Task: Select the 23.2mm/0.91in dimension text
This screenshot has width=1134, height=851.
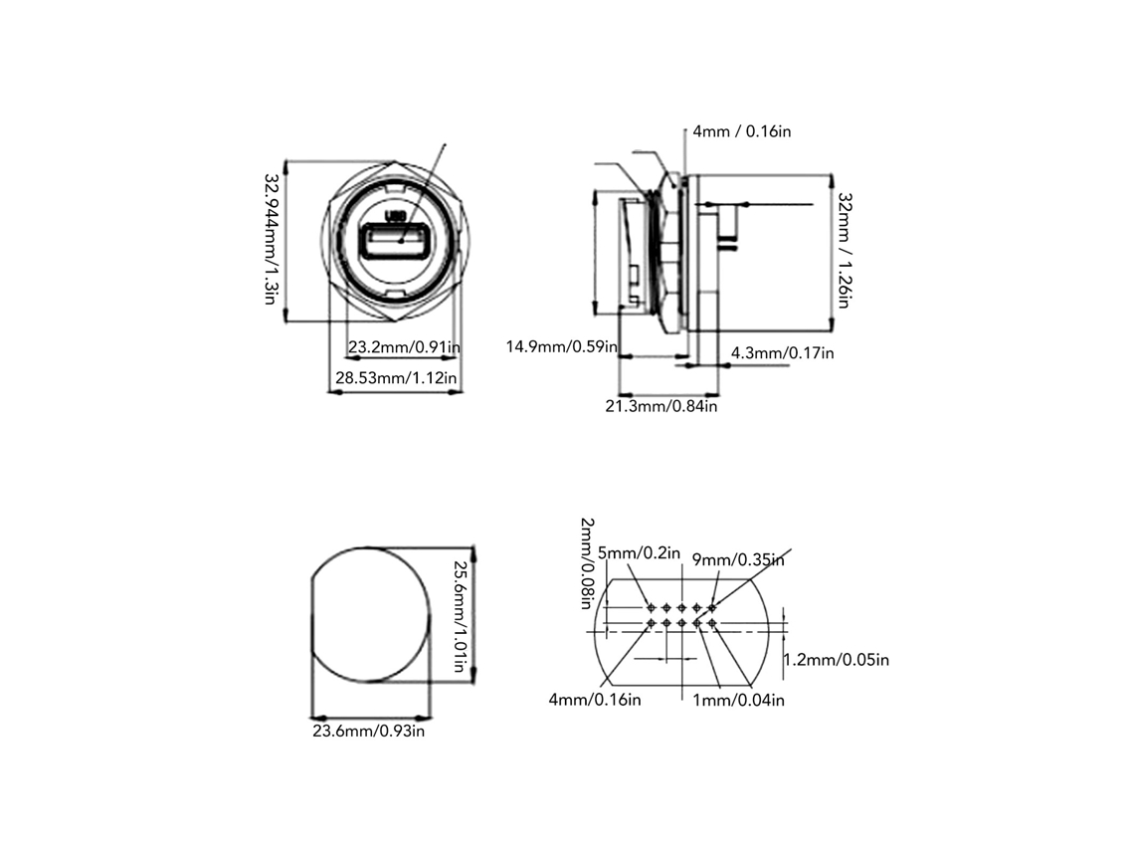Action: tap(404, 347)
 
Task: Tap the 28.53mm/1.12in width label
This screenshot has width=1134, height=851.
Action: tap(396, 378)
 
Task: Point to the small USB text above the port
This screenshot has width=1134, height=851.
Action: tap(396, 216)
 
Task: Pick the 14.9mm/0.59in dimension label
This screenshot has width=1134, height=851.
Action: tap(562, 346)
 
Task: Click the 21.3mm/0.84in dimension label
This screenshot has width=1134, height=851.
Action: tap(661, 407)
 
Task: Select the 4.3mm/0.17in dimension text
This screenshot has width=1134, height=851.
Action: tap(783, 353)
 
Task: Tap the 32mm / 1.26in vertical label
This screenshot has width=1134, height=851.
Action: tap(845, 251)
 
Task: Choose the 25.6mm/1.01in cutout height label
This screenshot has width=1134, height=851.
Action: tap(460, 616)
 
